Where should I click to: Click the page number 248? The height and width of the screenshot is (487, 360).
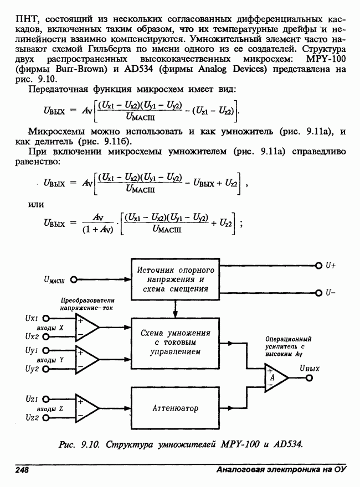click(x=22, y=470)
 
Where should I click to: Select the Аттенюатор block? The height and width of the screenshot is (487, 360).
click(x=175, y=409)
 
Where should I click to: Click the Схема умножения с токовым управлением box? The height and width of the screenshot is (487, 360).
click(x=175, y=341)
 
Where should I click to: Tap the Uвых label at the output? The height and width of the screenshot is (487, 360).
click(x=309, y=366)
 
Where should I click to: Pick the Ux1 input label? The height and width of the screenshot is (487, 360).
click(x=31, y=319)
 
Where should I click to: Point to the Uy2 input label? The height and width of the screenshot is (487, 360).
click(x=31, y=368)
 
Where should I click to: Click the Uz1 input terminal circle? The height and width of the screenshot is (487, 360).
click(x=47, y=399)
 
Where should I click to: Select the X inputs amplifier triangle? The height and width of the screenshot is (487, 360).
click(x=86, y=327)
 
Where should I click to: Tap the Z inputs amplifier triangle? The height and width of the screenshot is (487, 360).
click(x=86, y=408)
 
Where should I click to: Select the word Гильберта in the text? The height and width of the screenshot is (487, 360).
click(x=116, y=49)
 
